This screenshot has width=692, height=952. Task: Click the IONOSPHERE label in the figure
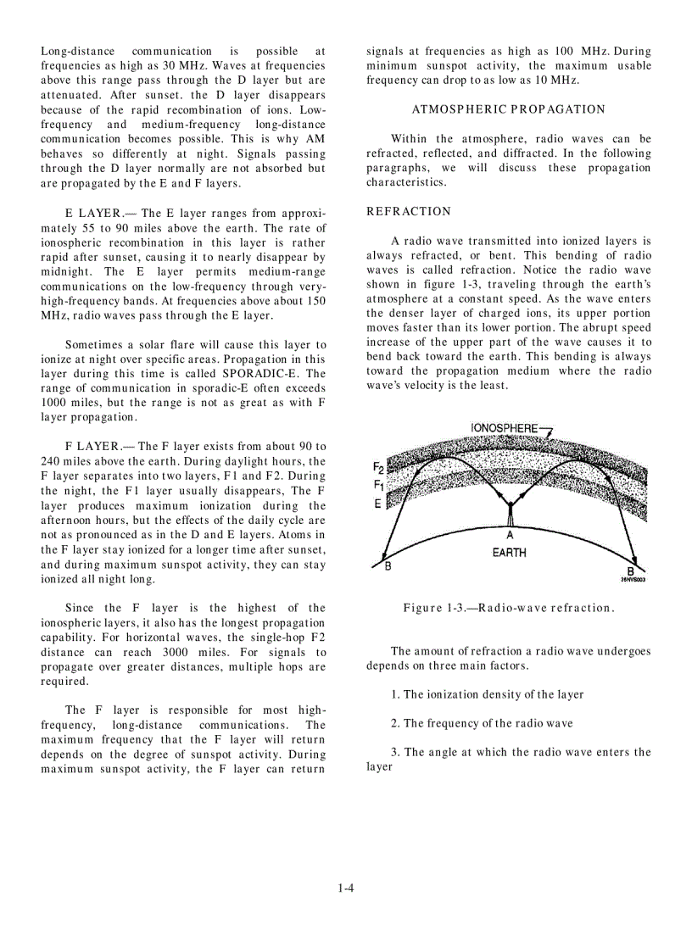pyautogui.click(x=504, y=428)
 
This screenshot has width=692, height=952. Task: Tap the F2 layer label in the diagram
pyautogui.click(x=378, y=467)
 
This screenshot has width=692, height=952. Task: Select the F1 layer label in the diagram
pyautogui.click(x=378, y=485)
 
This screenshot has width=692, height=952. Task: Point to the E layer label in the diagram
pyautogui.click(x=377, y=504)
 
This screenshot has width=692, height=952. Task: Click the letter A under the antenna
pyautogui.click(x=510, y=535)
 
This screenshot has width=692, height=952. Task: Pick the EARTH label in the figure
pyautogui.click(x=509, y=553)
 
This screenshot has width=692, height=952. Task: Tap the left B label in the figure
pyautogui.click(x=388, y=567)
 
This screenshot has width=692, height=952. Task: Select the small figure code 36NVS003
pyautogui.click(x=633, y=581)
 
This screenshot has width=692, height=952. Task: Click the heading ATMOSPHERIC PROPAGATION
pyautogui.click(x=508, y=109)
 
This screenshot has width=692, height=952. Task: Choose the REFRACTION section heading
pyautogui.click(x=409, y=211)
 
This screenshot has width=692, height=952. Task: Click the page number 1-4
pyautogui.click(x=345, y=888)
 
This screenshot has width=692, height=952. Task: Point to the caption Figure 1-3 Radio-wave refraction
pyautogui.click(x=508, y=608)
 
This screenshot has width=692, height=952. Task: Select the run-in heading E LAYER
pyautogui.click(x=93, y=214)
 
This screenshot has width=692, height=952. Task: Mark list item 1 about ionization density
pyautogui.click(x=487, y=694)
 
